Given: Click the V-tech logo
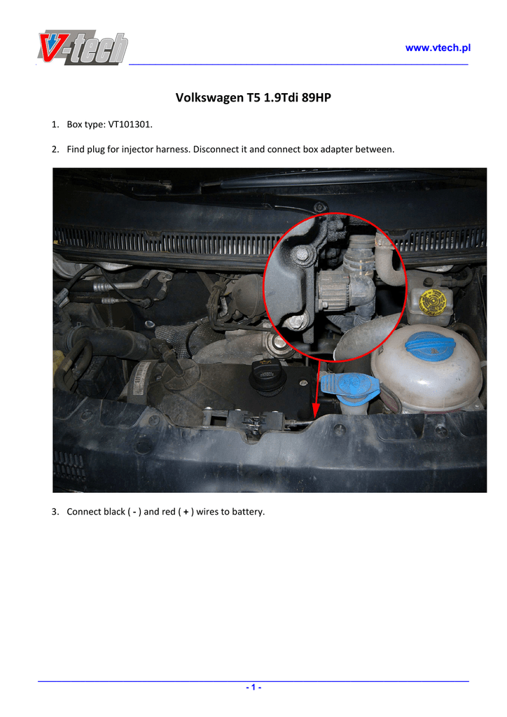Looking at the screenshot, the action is (83, 48).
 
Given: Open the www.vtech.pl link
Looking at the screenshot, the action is (438, 48).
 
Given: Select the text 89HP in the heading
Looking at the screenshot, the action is (317, 97).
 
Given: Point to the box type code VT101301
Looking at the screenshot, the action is (130, 125).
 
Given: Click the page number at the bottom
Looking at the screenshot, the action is (253, 688).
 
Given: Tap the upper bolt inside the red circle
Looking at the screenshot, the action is (303, 255).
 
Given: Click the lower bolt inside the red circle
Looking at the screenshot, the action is (295, 321).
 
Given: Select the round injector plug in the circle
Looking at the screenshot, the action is (331, 289).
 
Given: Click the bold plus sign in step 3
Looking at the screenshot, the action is (186, 512).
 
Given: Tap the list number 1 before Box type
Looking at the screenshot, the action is (55, 125).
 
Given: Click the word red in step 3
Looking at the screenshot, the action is (168, 512).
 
